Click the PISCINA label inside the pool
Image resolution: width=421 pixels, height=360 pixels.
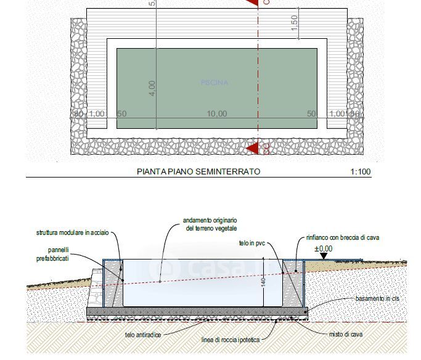point(215,83)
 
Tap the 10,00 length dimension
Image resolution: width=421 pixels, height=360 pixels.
point(216,113)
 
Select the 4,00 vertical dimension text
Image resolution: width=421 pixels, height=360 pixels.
point(152,88)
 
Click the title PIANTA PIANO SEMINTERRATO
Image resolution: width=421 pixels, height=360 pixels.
point(198,171)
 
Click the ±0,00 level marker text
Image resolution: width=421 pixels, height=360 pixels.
point(323,248)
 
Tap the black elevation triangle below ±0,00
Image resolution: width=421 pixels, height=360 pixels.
point(324,256)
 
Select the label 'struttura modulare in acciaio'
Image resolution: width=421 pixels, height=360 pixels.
point(72,232)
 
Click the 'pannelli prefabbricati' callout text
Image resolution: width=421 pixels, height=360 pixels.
point(62,255)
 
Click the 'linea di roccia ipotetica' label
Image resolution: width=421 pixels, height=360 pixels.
point(231,340)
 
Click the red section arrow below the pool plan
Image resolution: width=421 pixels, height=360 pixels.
point(251,149)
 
